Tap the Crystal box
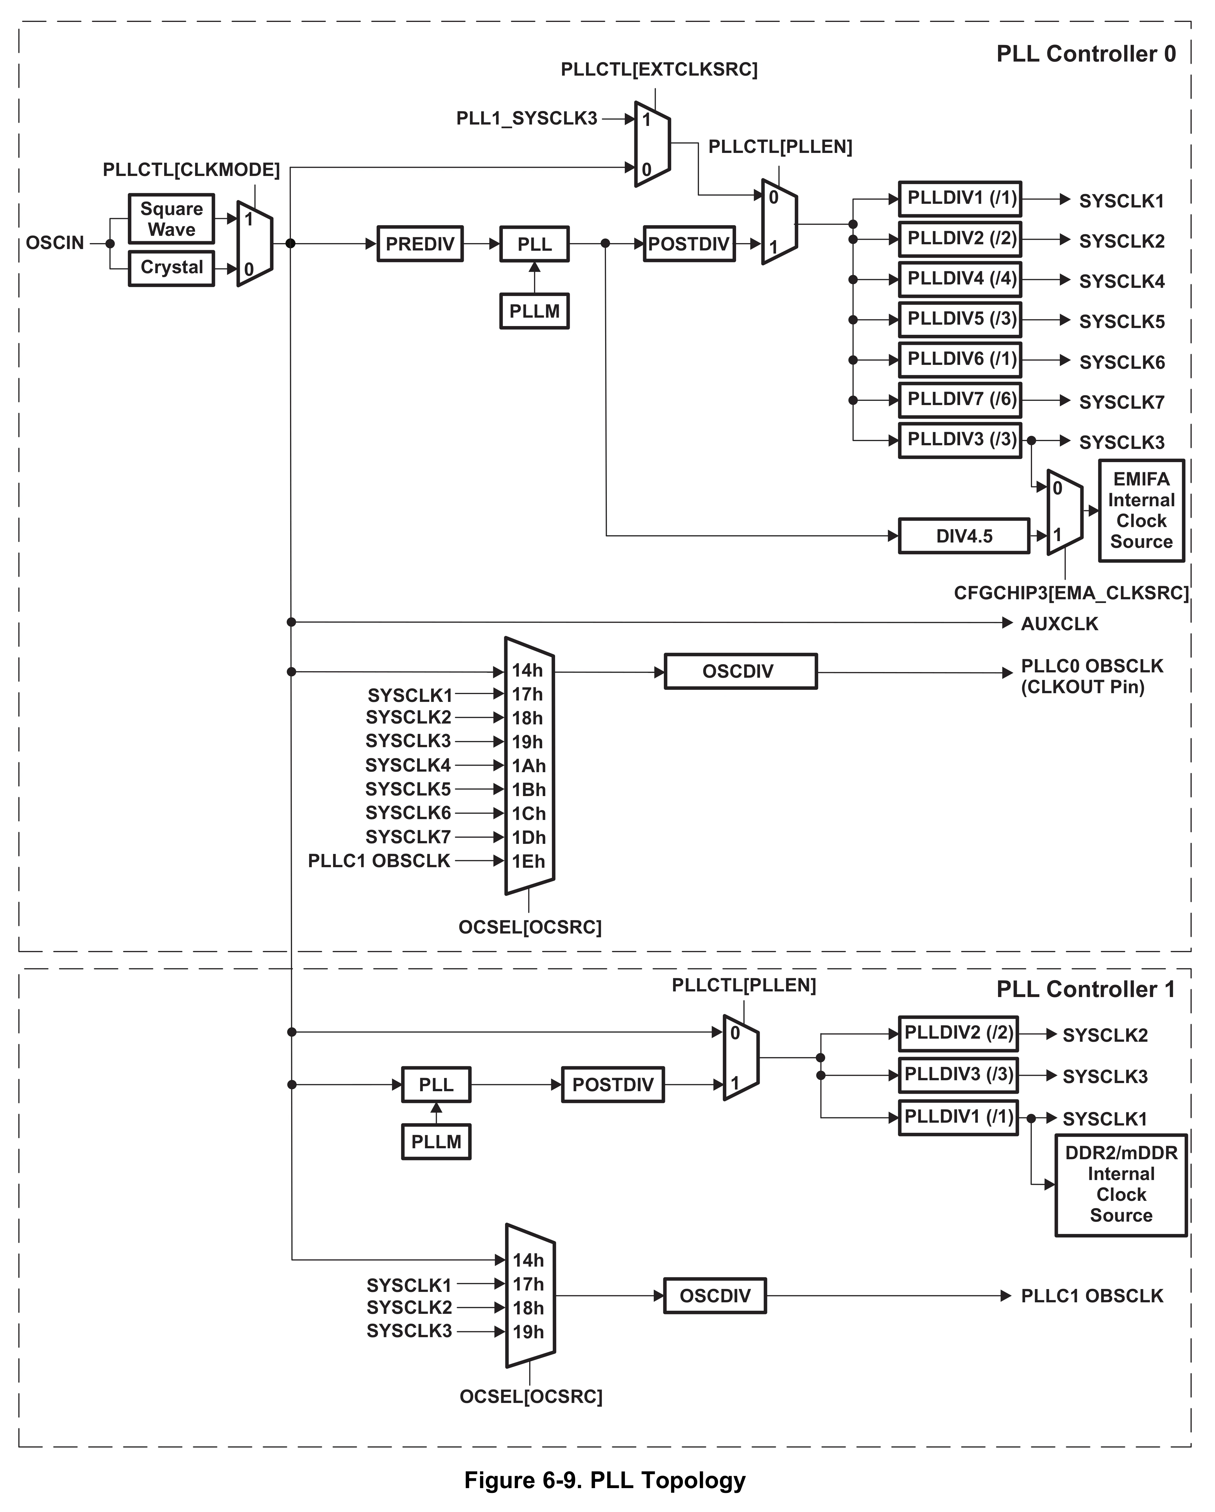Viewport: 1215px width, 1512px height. (x=171, y=268)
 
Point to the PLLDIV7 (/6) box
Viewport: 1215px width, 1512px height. (x=960, y=400)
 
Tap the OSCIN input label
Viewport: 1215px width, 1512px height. (x=55, y=243)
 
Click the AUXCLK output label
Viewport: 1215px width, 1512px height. (x=1059, y=623)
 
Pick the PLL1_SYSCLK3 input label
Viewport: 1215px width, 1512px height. (x=526, y=119)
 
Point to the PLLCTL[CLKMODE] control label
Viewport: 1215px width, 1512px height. (x=191, y=170)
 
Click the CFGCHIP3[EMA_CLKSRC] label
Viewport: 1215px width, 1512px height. (x=1071, y=593)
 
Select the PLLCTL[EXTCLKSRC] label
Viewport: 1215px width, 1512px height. (x=659, y=69)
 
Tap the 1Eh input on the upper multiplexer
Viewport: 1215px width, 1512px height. (x=528, y=861)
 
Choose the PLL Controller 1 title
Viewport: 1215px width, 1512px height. (x=1085, y=989)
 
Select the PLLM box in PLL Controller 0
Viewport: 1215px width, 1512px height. (x=534, y=311)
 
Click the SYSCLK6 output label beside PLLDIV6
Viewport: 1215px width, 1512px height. (x=1121, y=363)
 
